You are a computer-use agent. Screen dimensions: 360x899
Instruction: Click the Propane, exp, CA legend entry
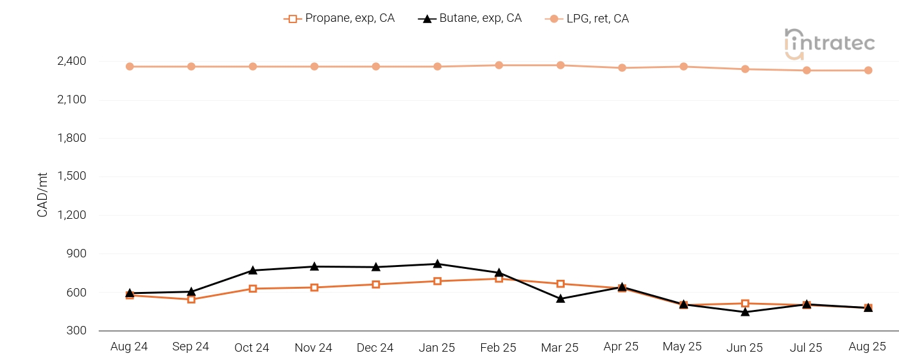[339, 19]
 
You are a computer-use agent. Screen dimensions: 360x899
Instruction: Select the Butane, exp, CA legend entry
[470, 19]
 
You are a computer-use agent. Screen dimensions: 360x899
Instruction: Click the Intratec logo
[830, 43]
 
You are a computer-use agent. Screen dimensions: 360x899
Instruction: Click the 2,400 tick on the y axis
[71, 62]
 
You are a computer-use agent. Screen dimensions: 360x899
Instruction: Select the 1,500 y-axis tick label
[71, 176]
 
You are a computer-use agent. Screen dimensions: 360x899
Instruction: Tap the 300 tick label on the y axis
[77, 330]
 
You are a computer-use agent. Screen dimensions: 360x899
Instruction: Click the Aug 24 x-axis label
[129, 347]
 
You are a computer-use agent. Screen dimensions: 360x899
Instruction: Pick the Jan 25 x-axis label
[437, 348]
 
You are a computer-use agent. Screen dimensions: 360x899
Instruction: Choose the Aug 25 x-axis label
[868, 347]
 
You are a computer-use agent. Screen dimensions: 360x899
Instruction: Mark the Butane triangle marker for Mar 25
[560, 298]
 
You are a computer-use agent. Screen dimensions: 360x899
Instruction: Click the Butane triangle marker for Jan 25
[437, 264]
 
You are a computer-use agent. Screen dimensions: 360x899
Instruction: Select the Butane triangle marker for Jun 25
[745, 312]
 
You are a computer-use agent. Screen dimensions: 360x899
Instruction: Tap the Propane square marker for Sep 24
[191, 299]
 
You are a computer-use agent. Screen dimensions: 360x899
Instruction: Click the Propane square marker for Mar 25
[560, 284]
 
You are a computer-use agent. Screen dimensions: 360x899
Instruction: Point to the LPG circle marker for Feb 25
[499, 65]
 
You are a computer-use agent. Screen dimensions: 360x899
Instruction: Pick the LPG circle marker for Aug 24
[130, 67]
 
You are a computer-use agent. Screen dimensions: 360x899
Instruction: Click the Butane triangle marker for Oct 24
[253, 270]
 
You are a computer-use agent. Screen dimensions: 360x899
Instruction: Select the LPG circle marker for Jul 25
[806, 71]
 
